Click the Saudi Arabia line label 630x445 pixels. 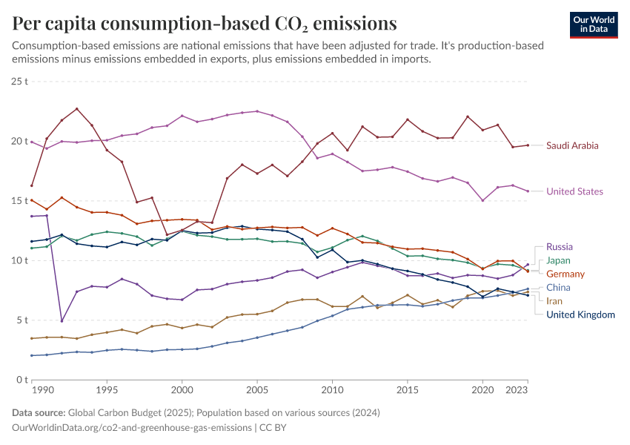point(571,145)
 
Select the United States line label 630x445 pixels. point(574,191)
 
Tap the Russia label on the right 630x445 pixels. point(560,246)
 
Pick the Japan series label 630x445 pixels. point(558,260)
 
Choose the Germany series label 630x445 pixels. point(565,274)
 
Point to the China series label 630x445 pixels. point(558,287)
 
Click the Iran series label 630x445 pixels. point(554,300)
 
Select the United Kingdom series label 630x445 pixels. point(580,314)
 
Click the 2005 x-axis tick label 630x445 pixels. point(256,389)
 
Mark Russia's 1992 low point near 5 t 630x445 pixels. point(62,321)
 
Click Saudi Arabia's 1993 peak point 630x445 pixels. point(76,108)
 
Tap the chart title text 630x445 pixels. point(205,24)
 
